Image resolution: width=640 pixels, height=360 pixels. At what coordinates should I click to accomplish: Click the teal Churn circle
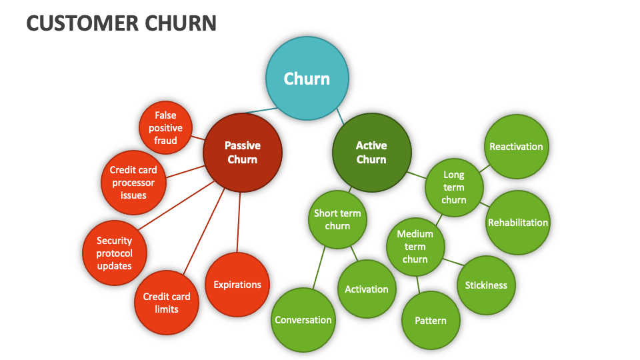tap(307, 79)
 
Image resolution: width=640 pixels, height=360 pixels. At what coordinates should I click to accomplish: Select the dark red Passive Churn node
tap(243, 153)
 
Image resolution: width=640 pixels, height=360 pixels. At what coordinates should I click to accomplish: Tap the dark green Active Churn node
tap(371, 153)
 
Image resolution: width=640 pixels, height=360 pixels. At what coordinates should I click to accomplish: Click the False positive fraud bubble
tap(166, 128)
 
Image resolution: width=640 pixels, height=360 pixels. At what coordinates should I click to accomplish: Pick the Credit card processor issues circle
tap(133, 183)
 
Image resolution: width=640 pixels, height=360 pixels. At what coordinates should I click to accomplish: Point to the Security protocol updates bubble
tap(114, 253)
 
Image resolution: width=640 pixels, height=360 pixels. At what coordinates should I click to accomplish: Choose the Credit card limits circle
tap(166, 303)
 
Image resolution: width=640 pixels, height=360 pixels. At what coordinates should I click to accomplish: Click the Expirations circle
tap(237, 285)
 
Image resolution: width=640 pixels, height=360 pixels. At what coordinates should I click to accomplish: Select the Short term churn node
tap(337, 219)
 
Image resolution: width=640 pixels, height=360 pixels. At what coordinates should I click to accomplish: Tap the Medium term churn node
tap(415, 247)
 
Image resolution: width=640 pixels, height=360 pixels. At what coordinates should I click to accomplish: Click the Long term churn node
tap(454, 187)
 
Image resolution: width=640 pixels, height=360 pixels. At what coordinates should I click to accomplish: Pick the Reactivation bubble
tap(516, 147)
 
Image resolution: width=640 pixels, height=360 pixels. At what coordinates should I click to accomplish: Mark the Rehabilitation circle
tap(518, 223)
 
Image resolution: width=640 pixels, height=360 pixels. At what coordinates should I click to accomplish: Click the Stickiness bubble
tap(486, 285)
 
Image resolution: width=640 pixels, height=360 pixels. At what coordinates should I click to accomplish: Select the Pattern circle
tap(431, 321)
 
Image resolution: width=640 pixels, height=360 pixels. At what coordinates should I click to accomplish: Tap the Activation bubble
tap(366, 289)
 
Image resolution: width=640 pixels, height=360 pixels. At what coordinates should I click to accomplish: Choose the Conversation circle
tap(303, 320)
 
